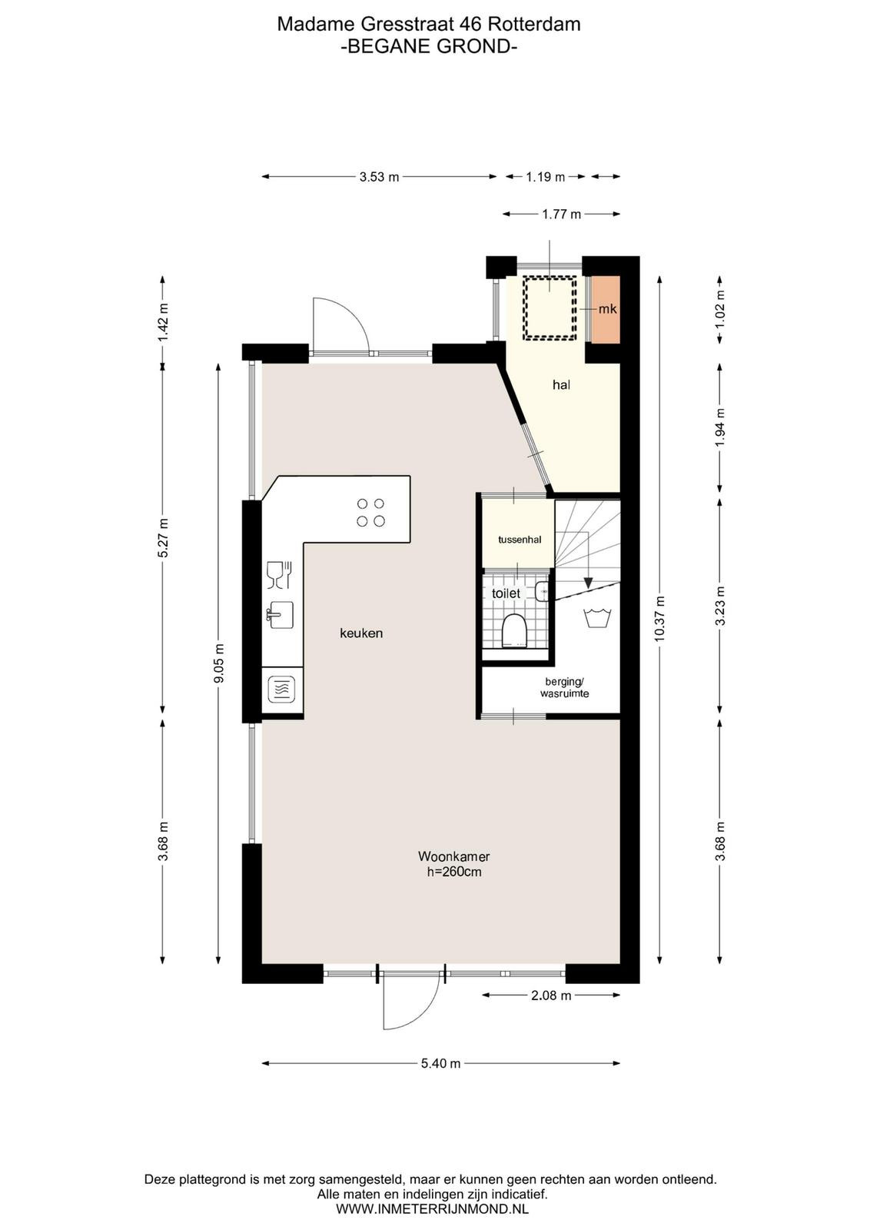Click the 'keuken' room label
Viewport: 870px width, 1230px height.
tap(361, 633)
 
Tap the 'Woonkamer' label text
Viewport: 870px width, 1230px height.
tap(454, 856)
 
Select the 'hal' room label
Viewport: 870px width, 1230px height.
tap(561, 385)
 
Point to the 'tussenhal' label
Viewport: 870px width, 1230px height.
tap(520, 539)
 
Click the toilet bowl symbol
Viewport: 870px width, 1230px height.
tap(514, 630)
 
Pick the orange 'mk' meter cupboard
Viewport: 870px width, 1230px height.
tap(606, 309)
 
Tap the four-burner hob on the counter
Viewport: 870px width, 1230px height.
tap(370, 512)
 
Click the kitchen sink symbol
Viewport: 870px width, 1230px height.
tap(280, 614)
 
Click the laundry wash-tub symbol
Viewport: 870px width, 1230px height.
tap(598, 617)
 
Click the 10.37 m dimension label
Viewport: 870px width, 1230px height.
tap(659, 618)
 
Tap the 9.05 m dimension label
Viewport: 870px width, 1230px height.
tap(219, 663)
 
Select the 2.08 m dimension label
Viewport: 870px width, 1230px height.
tap(551, 995)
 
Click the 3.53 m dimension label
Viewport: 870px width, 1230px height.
tap(380, 177)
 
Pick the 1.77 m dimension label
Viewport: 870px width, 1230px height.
tap(561, 214)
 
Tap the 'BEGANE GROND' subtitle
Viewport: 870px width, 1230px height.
tap(429, 47)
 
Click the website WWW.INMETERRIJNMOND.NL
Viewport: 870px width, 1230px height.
tap(432, 1208)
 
